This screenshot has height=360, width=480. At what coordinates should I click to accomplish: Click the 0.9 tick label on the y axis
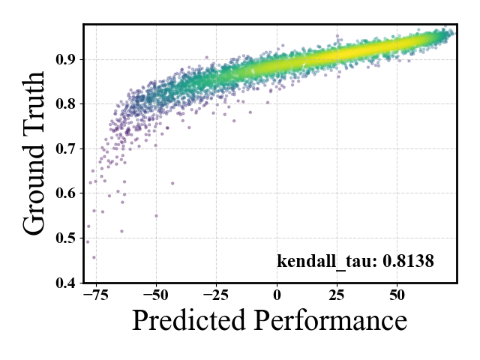pos(65,59)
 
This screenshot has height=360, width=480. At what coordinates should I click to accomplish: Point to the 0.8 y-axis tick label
pos(65,104)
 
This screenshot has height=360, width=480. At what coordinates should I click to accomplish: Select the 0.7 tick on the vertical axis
pos(65,148)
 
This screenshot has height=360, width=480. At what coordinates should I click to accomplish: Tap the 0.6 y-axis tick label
pos(65,193)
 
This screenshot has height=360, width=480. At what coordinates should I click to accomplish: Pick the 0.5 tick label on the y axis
pos(65,238)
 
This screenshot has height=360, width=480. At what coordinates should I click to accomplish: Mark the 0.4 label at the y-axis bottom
pos(65,283)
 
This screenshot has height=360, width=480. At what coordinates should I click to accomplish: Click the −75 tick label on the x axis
pos(96,295)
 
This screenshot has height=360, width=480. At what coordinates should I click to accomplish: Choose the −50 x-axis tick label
pos(156,295)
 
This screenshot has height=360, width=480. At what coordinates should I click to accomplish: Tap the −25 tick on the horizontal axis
pos(217,295)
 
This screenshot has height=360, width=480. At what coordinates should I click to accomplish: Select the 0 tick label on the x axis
pos(277,295)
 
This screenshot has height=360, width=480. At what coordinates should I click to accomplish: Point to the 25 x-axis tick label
pos(337,295)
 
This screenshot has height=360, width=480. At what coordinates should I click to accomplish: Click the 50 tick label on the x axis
pos(397,295)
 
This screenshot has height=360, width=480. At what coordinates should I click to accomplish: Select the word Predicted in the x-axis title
pos(189,320)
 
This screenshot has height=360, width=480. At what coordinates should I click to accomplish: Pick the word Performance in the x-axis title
pos(331,320)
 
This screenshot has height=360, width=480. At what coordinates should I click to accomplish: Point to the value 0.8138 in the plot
pos(408,261)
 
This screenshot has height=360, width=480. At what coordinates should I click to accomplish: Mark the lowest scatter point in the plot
pos(94,257)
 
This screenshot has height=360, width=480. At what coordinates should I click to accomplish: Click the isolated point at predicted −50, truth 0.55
pos(156,216)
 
